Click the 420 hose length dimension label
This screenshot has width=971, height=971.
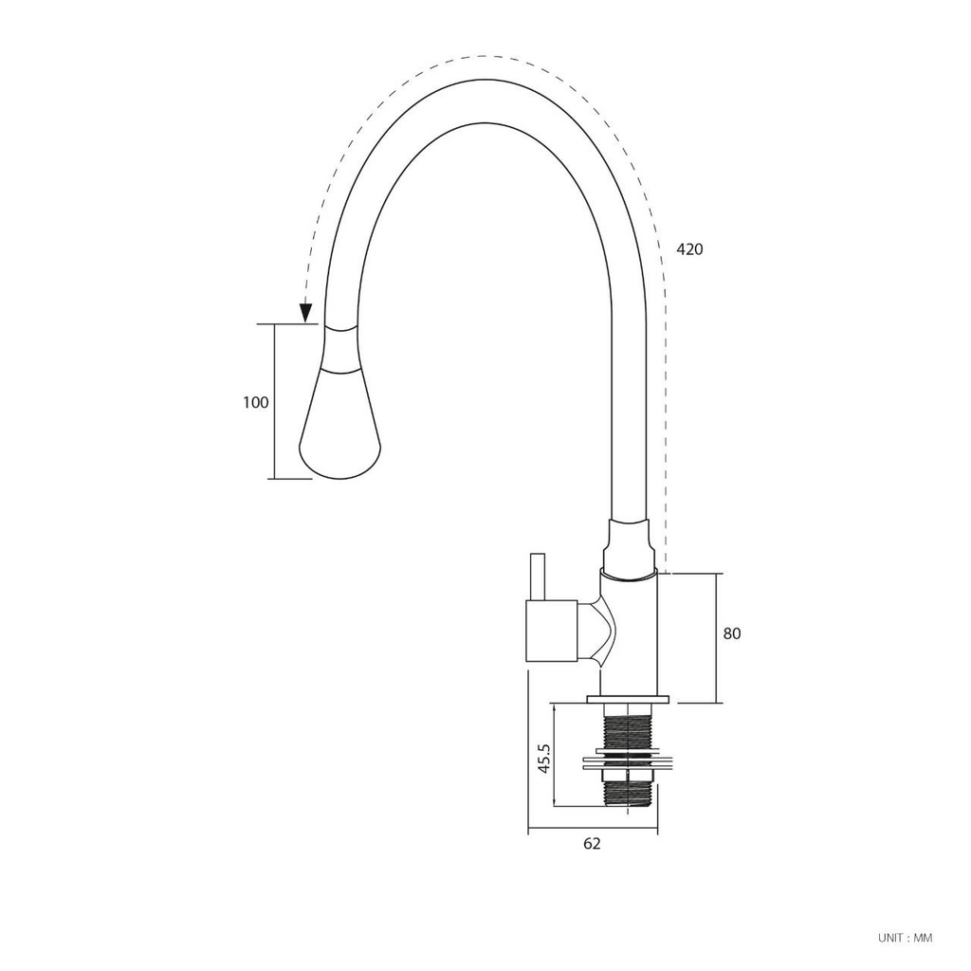click(689, 249)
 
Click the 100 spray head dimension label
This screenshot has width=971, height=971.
click(256, 402)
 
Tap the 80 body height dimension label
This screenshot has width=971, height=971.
click(731, 633)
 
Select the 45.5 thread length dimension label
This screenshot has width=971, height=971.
click(543, 759)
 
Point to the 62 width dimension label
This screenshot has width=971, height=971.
click(592, 843)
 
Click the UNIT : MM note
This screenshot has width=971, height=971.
click(905, 938)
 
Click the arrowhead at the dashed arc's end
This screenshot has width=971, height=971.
click(304, 313)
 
